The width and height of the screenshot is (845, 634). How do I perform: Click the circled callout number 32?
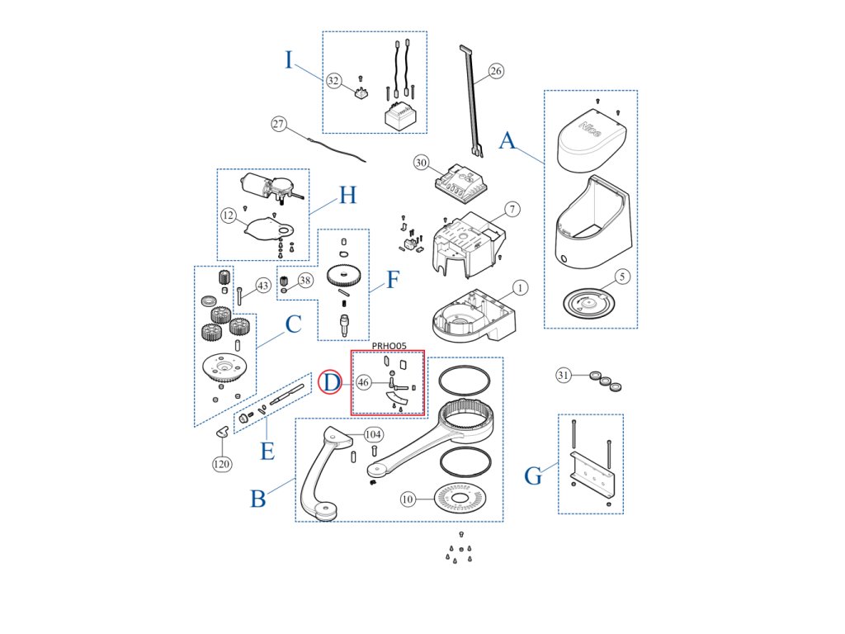coord(333,81)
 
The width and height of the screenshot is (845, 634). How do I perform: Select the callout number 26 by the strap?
coord(495,71)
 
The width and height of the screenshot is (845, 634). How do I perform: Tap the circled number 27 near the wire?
coord(279,125)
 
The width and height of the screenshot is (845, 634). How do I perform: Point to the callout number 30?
coord(422,163)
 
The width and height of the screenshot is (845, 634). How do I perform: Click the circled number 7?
coord(512,209)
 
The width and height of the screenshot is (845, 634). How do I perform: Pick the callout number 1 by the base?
coord(520,288)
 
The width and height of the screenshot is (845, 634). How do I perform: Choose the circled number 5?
coord(622,277)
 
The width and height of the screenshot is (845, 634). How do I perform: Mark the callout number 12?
coord(229,215)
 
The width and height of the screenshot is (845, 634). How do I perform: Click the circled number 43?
coord(263,286)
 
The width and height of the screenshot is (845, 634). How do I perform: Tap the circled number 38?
coord(306,281)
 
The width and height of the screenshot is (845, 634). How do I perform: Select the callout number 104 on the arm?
coord(373,434)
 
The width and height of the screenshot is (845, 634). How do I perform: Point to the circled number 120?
coord(221,464)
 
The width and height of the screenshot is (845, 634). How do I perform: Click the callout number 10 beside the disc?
coord(408,499)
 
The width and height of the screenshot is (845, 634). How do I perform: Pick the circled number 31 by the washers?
coord(564,376)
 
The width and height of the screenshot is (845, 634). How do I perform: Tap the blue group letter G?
coord(534,476)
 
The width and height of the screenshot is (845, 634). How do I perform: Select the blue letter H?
coord(347,196)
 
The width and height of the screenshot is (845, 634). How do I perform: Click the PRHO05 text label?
coord(389,346)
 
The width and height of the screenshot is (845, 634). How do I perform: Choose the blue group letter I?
coord(289,60)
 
